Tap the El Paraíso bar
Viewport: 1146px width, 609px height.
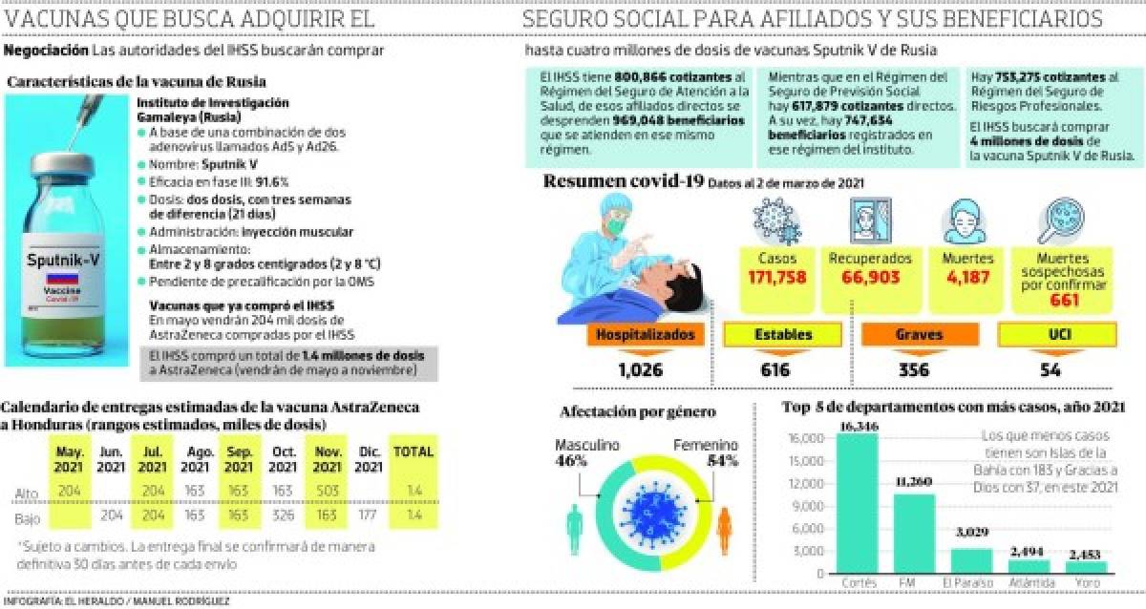(x=972, y=562)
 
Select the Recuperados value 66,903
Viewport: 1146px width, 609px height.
(x=868, y=278)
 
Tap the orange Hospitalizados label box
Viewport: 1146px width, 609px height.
(x=646, y=335)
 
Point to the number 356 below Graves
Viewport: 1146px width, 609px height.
(x=913, y=370)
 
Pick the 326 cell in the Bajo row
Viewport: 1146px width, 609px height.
(x=282, y=516)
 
